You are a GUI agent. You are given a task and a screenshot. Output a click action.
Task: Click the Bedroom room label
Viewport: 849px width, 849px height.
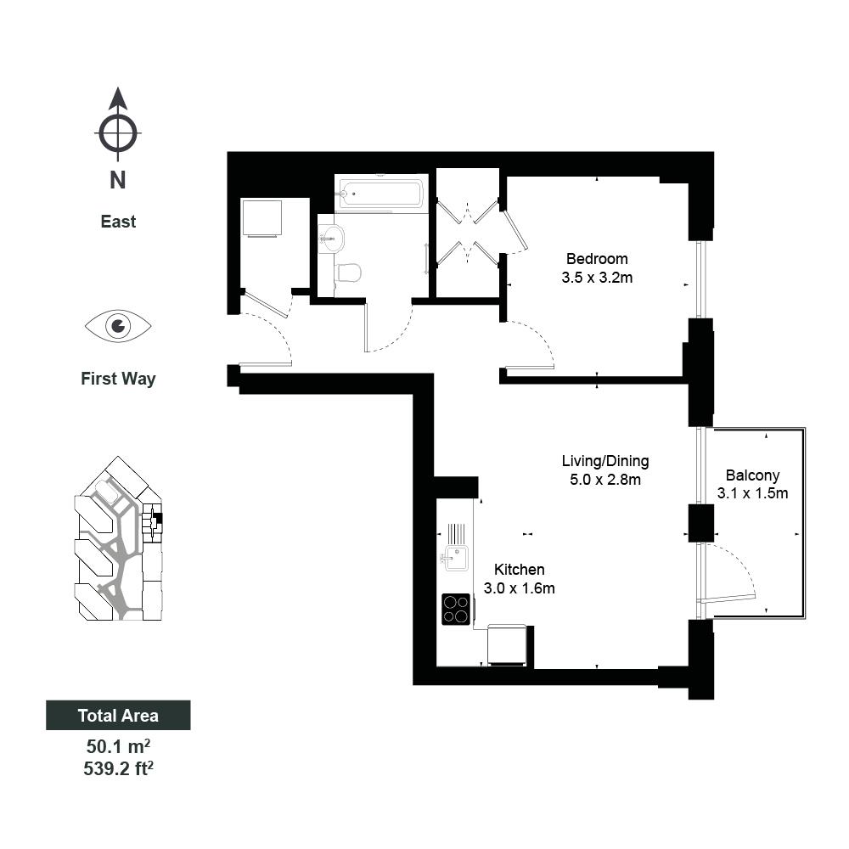[x=597, y=259]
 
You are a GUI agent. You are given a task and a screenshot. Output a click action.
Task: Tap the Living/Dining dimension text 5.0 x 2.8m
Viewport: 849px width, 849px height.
[x=604, y=480]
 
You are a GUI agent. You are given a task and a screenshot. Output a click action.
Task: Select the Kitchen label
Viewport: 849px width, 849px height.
[x=520, y=570]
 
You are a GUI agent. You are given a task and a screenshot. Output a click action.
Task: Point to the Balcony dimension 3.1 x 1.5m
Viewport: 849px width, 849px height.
[x=752, y=493]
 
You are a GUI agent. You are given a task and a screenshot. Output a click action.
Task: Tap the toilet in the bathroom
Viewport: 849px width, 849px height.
[x=349, y=273]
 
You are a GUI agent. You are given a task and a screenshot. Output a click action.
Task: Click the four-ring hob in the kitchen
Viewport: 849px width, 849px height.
[x=456, y=609]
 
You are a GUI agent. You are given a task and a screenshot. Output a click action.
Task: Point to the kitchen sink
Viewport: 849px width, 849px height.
[x=455, y=557]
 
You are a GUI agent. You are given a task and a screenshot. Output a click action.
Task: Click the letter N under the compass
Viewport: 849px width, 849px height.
[x=117, y=180]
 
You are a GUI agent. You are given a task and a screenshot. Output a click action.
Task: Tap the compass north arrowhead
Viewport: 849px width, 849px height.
[x=118, y=98]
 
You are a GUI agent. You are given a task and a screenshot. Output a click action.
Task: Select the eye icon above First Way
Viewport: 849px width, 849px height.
[x=118, y=326]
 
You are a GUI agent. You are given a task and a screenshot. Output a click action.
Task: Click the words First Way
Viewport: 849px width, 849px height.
[x=118, y=379]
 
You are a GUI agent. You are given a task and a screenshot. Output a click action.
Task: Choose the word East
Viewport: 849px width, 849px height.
[x=118, y=222]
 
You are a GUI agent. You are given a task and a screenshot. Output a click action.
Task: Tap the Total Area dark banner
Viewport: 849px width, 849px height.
[x=118, y=715]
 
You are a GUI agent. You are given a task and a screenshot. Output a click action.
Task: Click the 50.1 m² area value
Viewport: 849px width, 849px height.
[x=118, y=746]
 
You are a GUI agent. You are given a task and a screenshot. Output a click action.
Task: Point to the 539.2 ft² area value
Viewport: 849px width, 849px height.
[x=118, y=768]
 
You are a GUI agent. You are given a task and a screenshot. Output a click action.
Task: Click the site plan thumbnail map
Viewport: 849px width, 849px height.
[x=119, y=538]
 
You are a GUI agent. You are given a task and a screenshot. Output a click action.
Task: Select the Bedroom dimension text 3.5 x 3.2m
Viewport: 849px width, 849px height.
[x=597, y=278]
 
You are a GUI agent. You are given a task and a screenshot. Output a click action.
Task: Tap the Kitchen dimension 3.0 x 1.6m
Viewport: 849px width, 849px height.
[x=520, y=588]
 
